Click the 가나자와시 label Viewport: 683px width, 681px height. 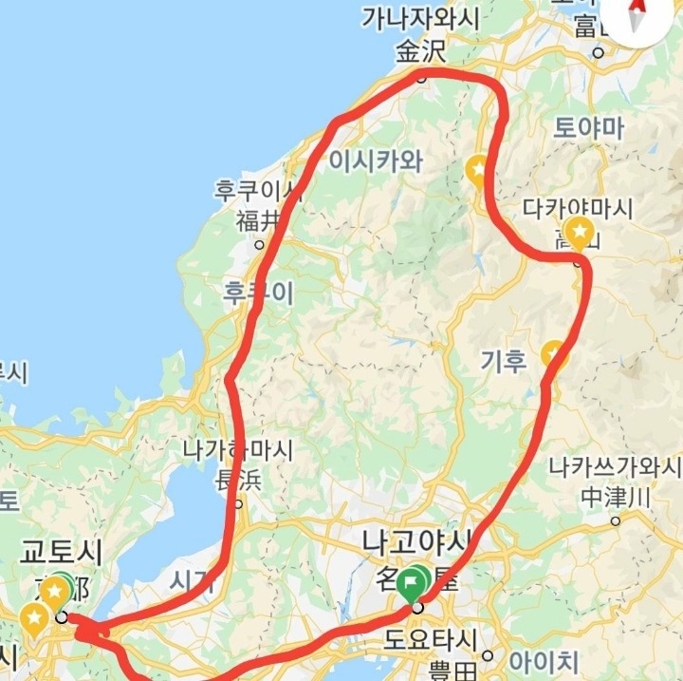(x=420, y=19)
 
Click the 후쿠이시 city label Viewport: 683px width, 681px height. (x=259, y=190)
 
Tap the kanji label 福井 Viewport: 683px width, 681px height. (x=258, y=221)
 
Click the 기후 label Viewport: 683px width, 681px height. (x=503, y=360)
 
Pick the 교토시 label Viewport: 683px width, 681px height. (x=62, y=552)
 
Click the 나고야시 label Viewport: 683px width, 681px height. (x=415, y=542)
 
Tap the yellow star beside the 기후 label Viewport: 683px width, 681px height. (x=552, y=353)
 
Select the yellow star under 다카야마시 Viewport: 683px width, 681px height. (x=578, y=231)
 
